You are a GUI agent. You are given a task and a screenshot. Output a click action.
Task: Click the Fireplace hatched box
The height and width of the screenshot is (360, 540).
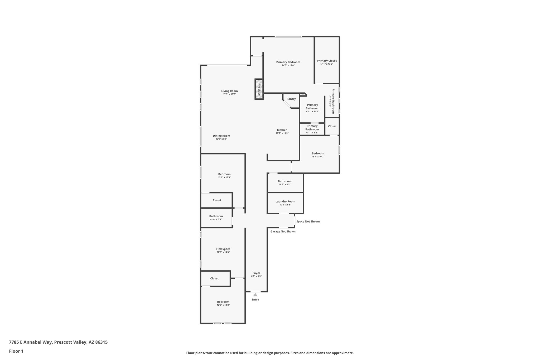[259, 89]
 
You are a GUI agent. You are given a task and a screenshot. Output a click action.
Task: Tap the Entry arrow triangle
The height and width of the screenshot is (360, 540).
[255, 295]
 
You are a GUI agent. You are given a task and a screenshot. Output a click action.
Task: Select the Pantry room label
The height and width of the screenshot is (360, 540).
[291, 99]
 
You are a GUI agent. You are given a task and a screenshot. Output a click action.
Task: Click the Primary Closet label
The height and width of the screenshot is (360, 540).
[327, 61]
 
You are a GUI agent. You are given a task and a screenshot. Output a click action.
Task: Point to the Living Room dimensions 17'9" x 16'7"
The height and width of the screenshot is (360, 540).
[229, 94]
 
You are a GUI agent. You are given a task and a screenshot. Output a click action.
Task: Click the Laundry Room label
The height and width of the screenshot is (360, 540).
[285, 201]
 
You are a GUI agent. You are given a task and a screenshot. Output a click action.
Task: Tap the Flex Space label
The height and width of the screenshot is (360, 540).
[223, 249]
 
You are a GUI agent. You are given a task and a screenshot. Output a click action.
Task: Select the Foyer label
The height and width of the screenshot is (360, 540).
[256, 273]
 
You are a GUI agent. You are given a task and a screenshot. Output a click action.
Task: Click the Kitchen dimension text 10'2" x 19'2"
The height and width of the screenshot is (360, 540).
[282, 133]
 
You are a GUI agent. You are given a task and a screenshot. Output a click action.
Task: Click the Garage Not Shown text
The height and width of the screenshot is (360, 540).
[283, 232]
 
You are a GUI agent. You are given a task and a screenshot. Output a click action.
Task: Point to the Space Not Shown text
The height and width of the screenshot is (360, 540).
[308, 222]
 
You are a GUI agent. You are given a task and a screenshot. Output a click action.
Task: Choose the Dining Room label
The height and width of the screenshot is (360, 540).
[221, 136]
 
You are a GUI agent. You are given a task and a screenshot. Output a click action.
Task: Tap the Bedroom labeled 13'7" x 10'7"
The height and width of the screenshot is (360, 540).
[318, 153]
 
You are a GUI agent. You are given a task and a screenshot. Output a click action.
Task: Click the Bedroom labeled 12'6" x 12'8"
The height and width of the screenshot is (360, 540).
[223, 302]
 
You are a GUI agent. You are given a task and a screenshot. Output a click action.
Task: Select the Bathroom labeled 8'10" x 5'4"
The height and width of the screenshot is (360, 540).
[216, 216]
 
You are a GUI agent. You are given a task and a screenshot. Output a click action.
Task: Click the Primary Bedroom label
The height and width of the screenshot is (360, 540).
[288, 62]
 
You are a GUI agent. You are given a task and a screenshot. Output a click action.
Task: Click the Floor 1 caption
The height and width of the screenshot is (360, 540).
[16, 351]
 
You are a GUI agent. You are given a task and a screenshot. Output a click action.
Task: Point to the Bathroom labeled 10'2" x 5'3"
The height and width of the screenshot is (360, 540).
[285, 181]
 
